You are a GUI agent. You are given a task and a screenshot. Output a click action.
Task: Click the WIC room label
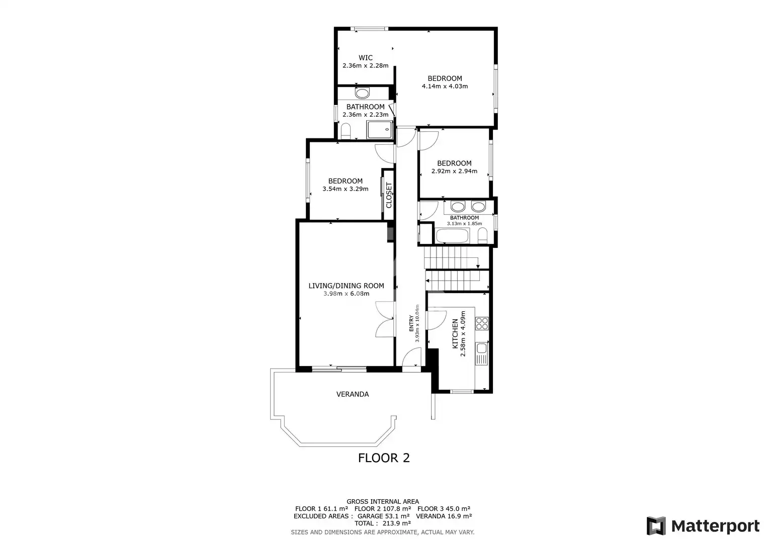pyautogui.click(x=366, y=58)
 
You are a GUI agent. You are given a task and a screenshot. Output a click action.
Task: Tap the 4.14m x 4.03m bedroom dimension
pyautogui.click(x=445, y=86)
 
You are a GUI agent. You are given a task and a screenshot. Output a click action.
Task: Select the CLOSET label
pyautogui.click(x=389, y=195)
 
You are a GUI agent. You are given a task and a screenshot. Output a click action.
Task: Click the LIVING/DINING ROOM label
pyautogui.click(x=347, y=286)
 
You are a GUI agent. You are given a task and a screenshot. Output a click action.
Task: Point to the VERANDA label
pyautogui.click(x=353, y=394)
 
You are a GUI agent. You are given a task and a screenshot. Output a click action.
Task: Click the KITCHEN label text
pyautogui.click(x=455, y=333)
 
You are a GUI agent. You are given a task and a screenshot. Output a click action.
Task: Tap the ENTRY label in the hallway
pyautogui.click(x=411, y=323)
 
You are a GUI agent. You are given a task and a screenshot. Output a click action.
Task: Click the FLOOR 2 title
pyautogui.click(x=384, y=458)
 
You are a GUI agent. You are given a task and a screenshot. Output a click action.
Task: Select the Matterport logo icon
pyautogui.click(x=656, y=525)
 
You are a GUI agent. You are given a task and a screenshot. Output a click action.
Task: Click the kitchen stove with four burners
pyautogui.click(x=482, y=324)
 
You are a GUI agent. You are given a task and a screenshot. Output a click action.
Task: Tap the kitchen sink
pyautogui.click(x=482, y=348)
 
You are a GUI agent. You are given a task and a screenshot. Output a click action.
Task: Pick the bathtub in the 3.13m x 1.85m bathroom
pyautogui.click(x=452, y=236)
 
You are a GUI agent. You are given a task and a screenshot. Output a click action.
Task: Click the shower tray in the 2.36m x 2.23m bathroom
pyautogui.click(x=380, y=130)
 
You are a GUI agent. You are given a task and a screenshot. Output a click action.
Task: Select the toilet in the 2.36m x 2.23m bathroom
pyautogui.click(x=346, y=131)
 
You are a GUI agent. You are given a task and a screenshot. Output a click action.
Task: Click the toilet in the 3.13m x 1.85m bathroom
pyautogui.click(x=482, y=236)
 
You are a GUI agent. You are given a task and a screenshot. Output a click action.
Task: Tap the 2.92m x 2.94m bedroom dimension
pyautogui.click(x=454, y=171)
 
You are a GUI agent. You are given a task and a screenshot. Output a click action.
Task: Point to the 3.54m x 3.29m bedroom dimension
pyautogui.click(x=345, y=189)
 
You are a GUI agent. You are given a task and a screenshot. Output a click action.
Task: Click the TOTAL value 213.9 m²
pyautogui.click(x=397, y=523)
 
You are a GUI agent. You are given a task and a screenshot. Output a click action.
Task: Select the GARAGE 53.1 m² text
pyautogui.click(x=383, y=516)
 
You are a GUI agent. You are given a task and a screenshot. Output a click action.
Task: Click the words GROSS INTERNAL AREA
pyautogui.click(x=383, y=502)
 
